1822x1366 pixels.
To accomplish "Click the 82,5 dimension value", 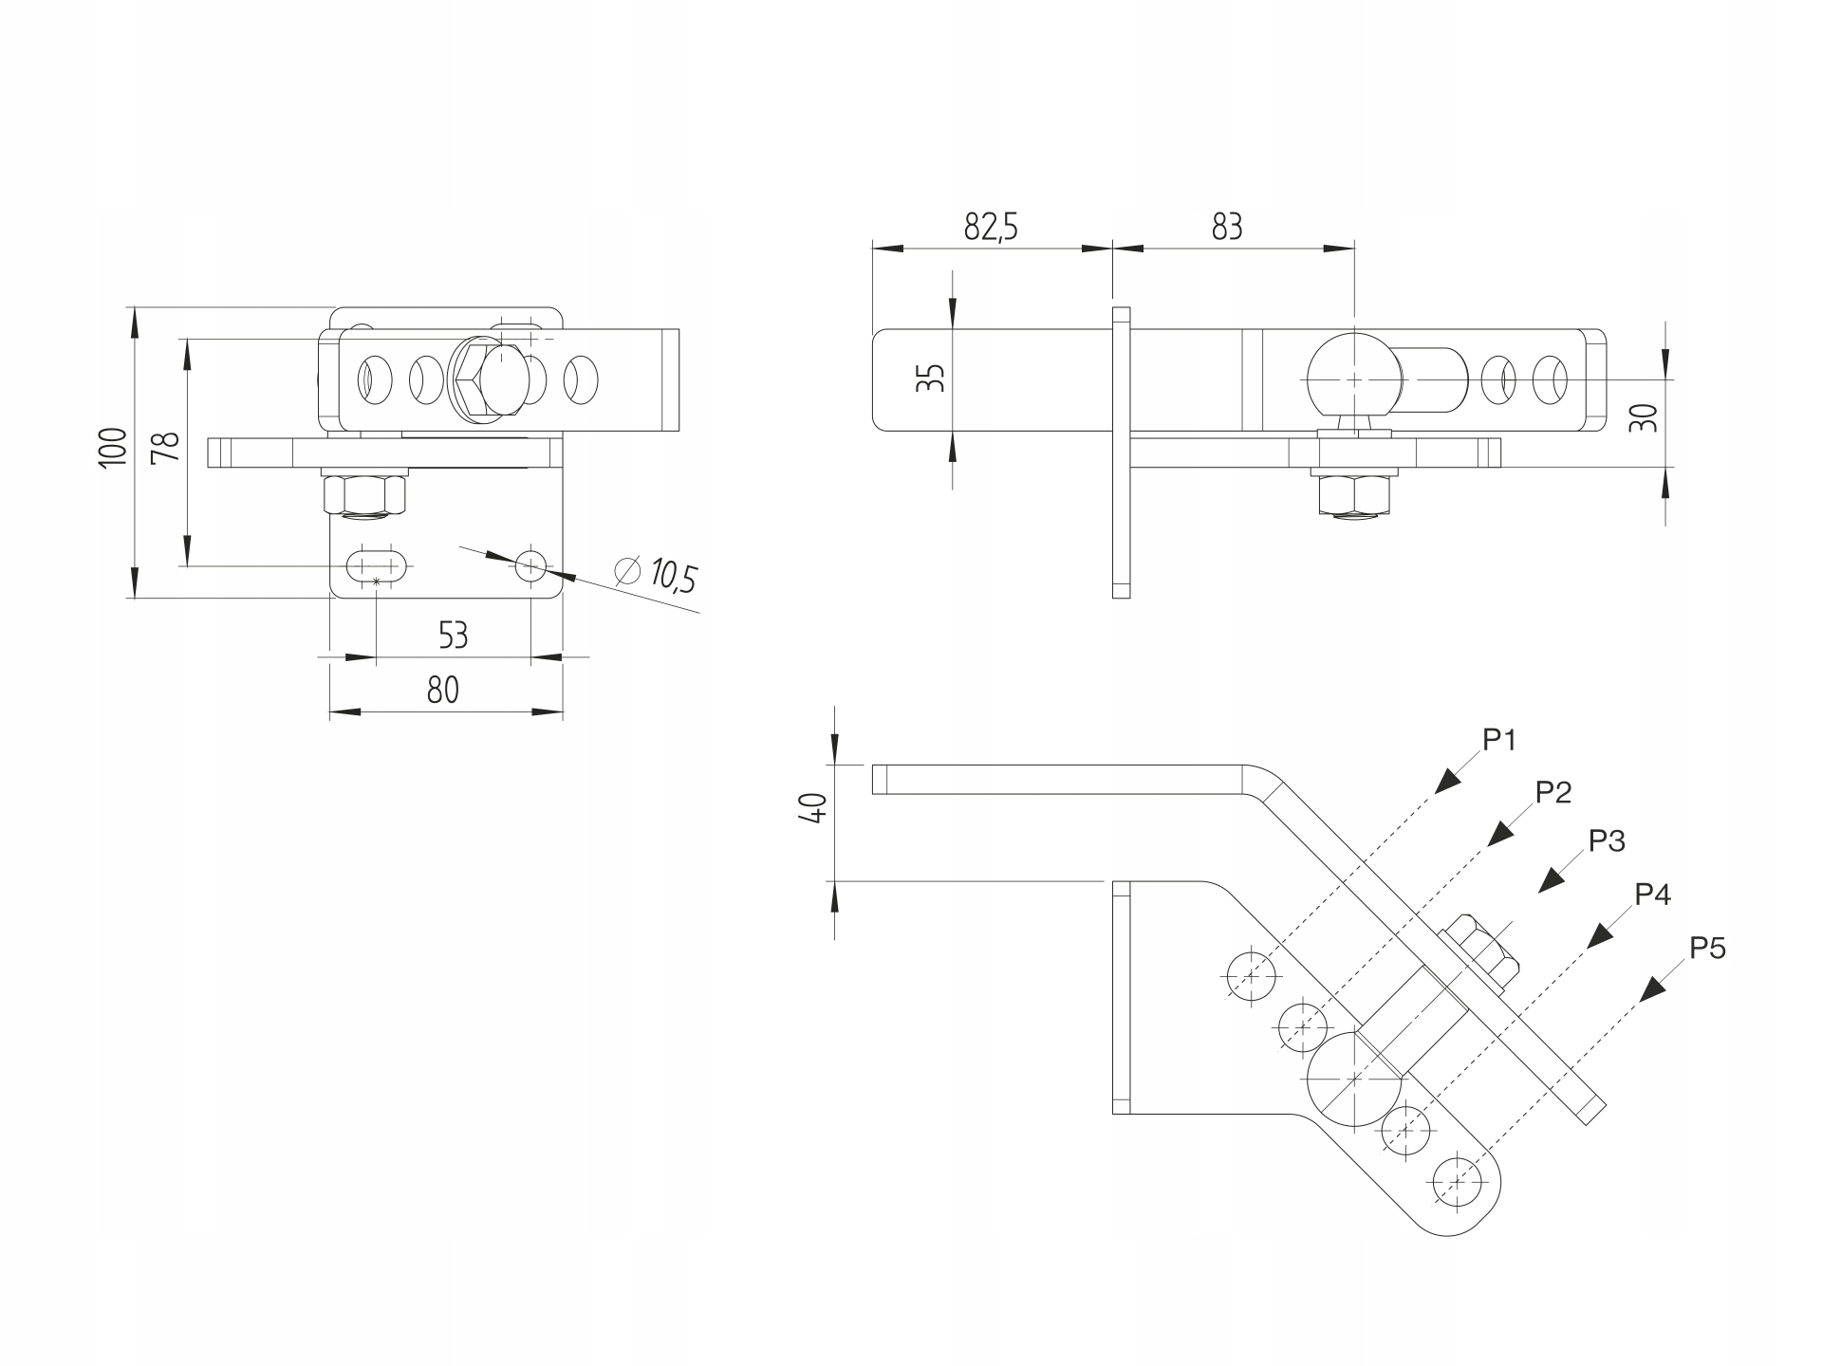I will pos(991,228).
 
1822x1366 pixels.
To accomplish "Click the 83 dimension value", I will pos(1226,228).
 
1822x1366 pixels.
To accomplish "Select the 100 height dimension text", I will pos(113,446).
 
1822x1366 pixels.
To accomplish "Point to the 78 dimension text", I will pos(166,447).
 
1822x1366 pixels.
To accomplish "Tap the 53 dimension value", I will pos(454,635).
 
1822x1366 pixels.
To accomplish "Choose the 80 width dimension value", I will pos(442,690).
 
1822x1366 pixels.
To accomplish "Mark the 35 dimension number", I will pos(935,378).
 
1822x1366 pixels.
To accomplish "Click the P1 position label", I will pos(1500,740).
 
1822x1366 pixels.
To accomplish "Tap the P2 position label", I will pos(1553,791).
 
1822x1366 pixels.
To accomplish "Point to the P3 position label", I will pos(1607,840).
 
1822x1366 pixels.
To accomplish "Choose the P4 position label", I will pos(1652,894).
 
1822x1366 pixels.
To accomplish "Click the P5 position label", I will pos(1707,947).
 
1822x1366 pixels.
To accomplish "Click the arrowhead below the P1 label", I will pos(1447,780).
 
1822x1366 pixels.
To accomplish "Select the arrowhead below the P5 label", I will pos(1654,988).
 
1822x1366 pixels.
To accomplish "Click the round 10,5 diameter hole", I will pos(531,566).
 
